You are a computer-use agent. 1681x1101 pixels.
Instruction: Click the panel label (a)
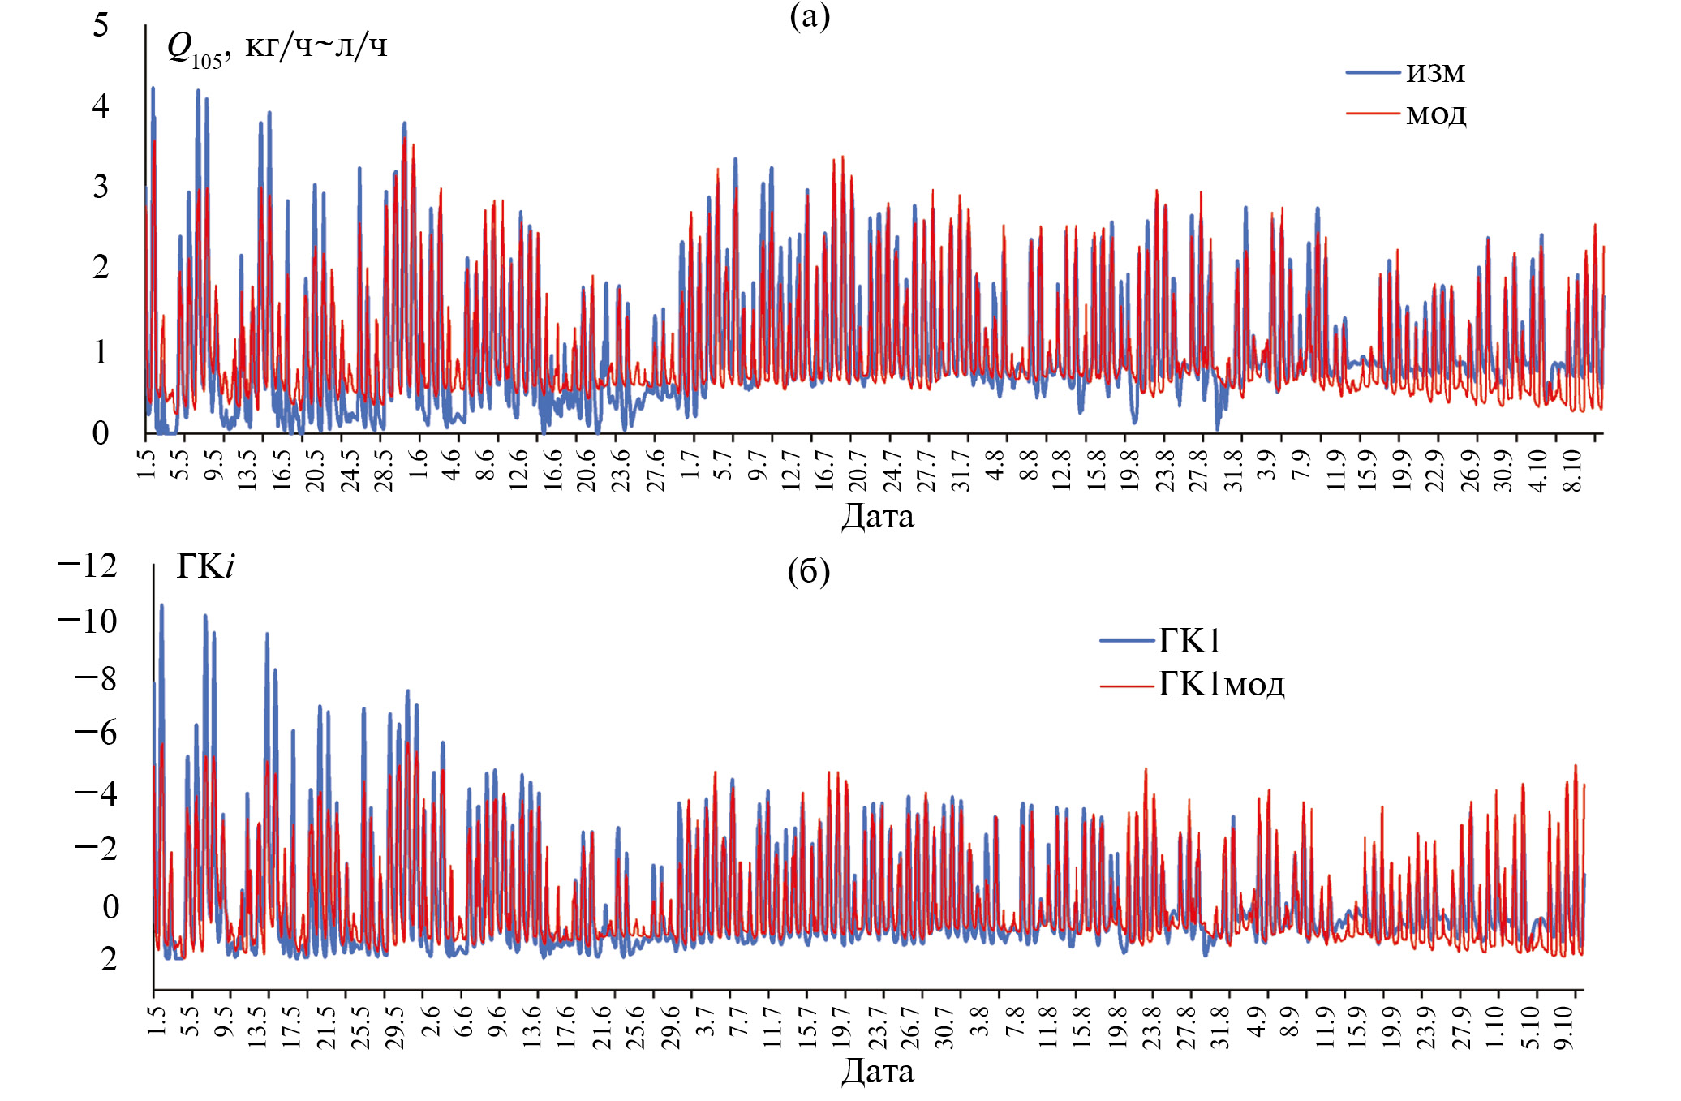[810, 16]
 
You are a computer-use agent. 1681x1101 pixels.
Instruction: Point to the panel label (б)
[809, 572]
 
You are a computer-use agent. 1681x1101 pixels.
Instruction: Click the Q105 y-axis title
[277, 48]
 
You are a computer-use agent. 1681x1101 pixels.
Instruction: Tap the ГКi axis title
[205, 566]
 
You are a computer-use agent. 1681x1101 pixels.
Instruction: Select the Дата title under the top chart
[877, 516]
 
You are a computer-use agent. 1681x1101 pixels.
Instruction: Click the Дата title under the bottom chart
[877, 1071]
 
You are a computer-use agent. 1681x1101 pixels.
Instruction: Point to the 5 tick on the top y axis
[101, 25]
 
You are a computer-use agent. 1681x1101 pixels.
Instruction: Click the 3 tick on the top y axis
[101, 187]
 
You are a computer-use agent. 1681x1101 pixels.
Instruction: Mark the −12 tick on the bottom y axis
[88, 566]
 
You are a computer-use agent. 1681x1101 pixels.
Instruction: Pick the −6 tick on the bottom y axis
[96, 733]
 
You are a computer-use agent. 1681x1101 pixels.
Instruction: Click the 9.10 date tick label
[1564, 1027]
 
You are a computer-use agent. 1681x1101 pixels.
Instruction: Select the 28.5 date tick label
[384, 470]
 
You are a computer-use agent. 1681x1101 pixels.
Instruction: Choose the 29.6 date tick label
[671, 1027]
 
